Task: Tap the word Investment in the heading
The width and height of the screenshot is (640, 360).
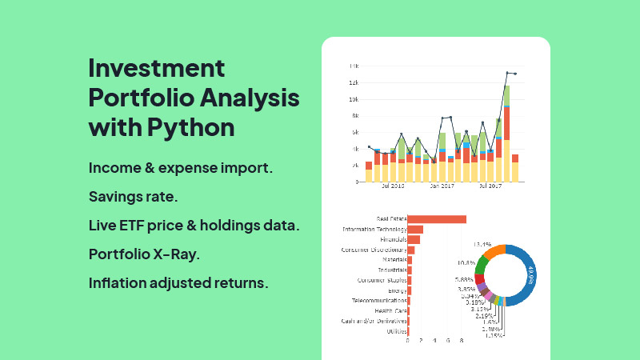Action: tap(157, 68)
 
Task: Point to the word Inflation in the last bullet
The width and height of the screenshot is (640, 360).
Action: tap(118, 283)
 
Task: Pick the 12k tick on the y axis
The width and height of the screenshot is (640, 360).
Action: tap(353, 82)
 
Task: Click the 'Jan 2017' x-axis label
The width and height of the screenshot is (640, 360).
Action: tap(441, 186)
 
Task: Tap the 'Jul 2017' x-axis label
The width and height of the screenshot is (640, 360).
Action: tap(489, 186)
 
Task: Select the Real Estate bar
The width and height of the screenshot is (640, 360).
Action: tap(437, 218)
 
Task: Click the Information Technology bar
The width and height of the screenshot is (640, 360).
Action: tap(415, 230)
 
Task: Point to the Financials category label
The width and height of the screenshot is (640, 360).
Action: tap(393, 239)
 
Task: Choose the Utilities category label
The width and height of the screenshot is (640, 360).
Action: tap(396, 331)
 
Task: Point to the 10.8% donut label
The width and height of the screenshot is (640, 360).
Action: tap(466, 262)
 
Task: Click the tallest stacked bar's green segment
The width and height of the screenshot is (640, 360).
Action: tap(507, 94)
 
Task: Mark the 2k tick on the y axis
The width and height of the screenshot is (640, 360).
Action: tap(354, 166)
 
